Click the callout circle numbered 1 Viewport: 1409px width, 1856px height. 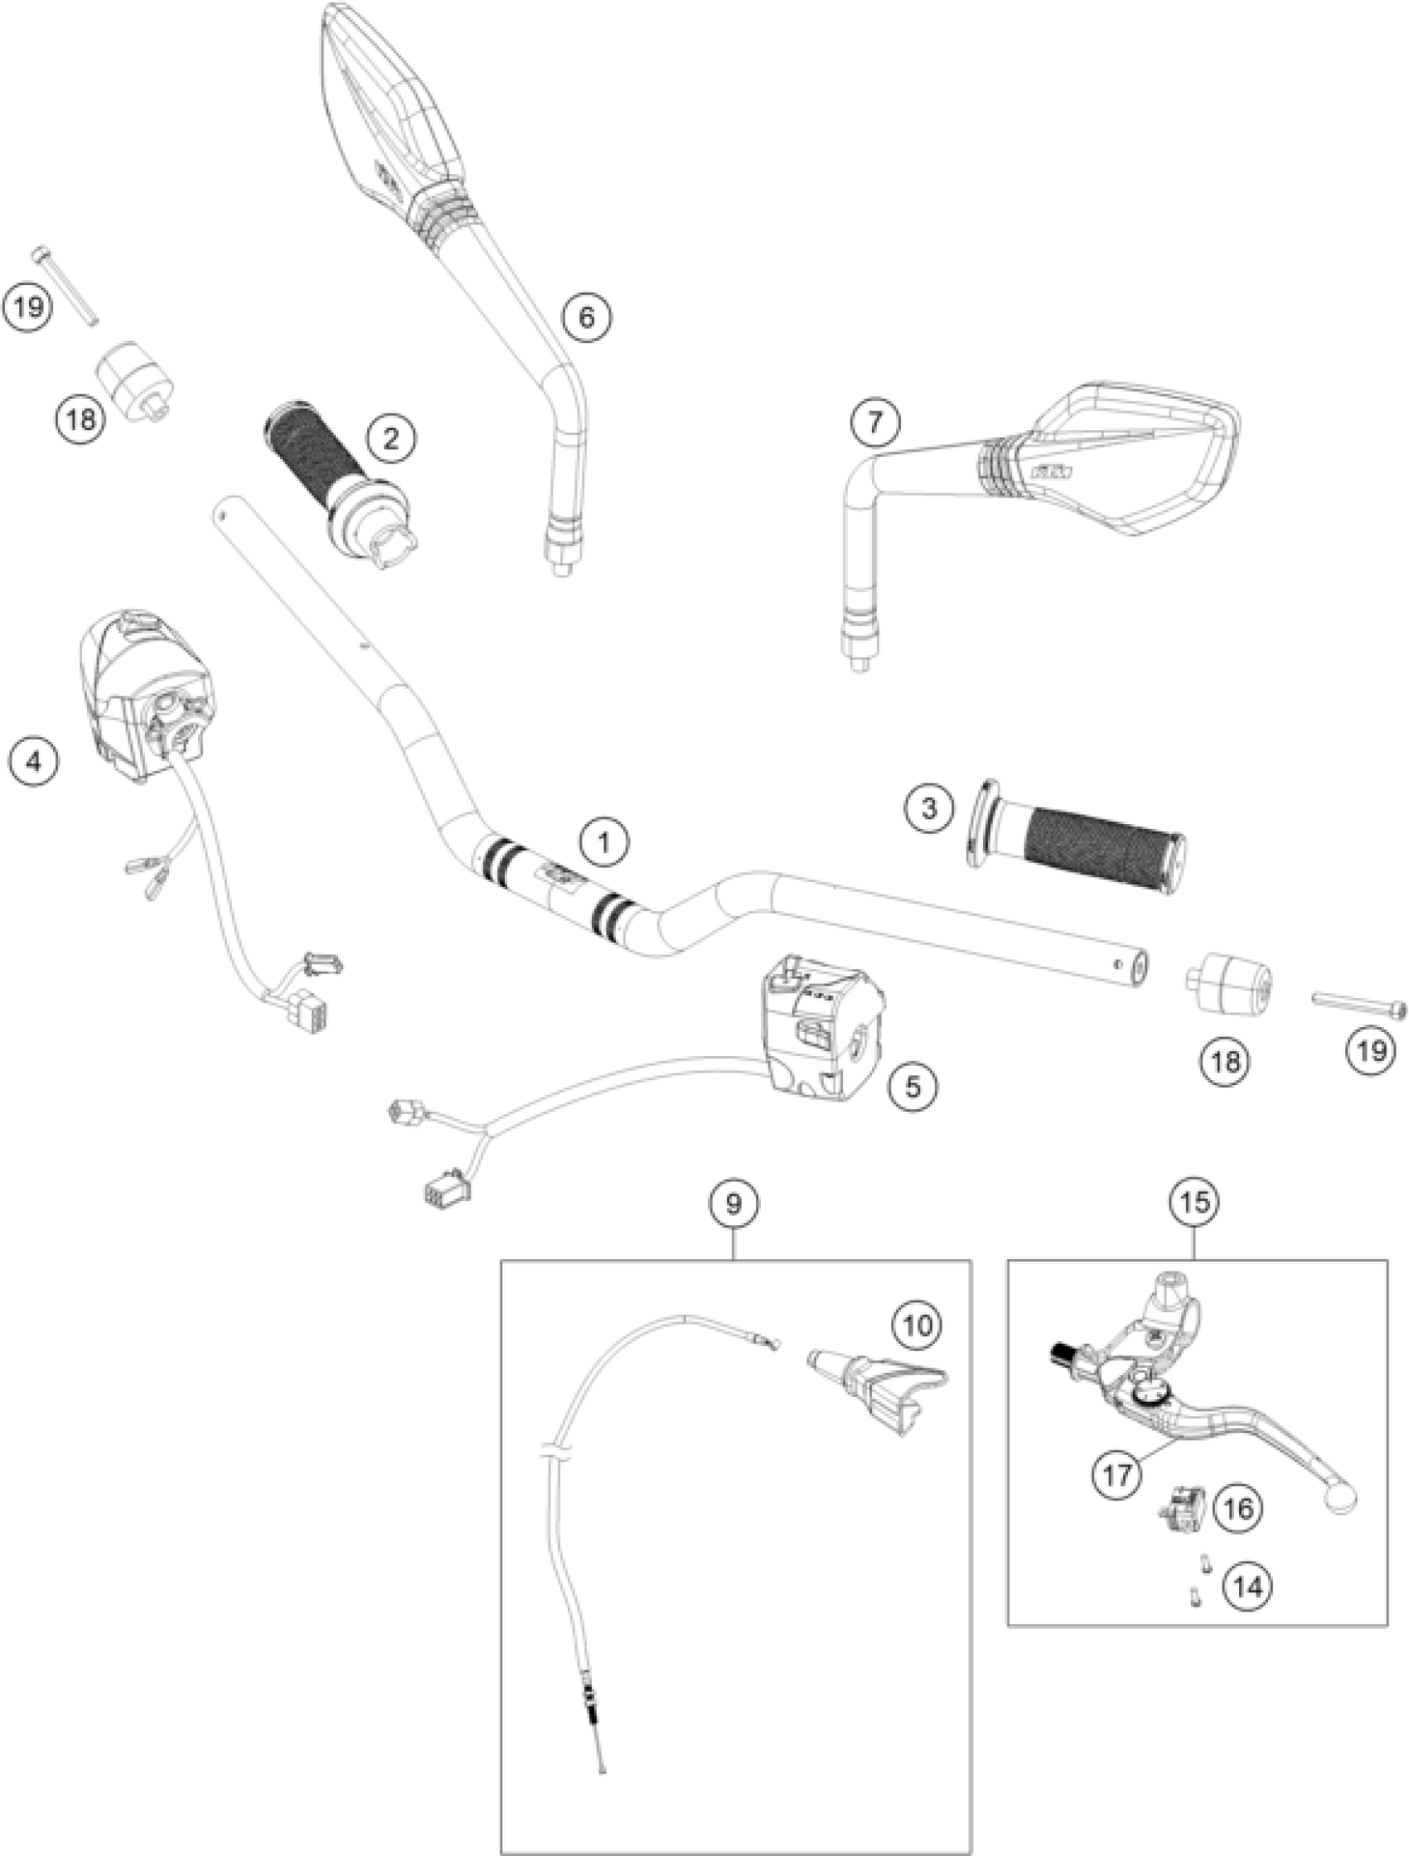(604, 843)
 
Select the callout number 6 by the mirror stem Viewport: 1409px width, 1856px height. (587, 317)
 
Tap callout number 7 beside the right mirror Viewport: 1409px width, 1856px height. (875, 421)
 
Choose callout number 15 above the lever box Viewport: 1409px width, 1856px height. (1195, 1201)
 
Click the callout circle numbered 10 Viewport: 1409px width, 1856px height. (918, 1325)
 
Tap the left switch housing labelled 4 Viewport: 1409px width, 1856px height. (147, 696)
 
